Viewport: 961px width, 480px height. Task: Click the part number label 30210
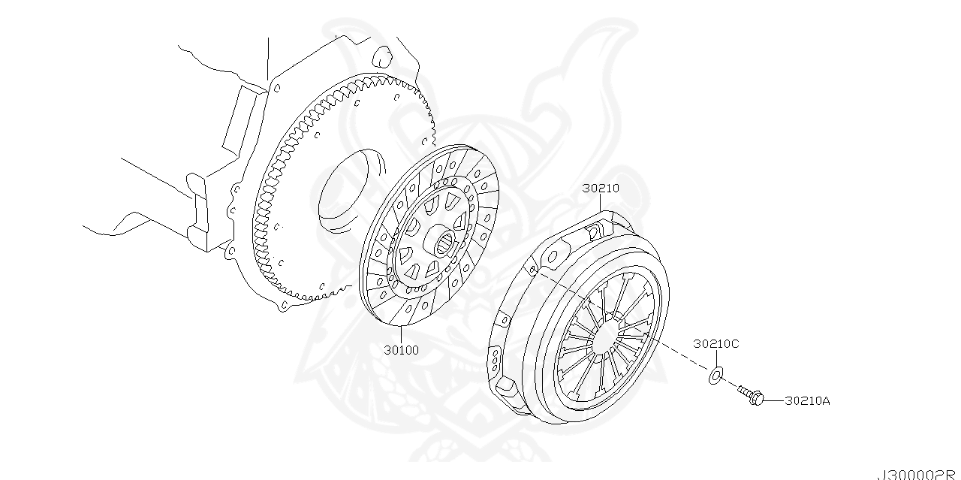click(601, 189)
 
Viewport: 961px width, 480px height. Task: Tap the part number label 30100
click(401, 350)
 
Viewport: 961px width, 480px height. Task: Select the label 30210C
click(715, 344)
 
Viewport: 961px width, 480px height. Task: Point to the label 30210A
click(807, 401)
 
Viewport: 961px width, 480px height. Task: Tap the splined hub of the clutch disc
click(444, 242)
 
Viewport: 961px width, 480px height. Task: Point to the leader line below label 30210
click(601, 207)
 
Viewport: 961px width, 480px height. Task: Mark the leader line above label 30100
click(401, 334)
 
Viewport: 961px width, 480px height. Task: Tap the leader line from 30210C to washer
click(715, 358)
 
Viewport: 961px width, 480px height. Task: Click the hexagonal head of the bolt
click(756, 400)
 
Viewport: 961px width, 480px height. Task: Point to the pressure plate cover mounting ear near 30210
click(598, 227)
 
